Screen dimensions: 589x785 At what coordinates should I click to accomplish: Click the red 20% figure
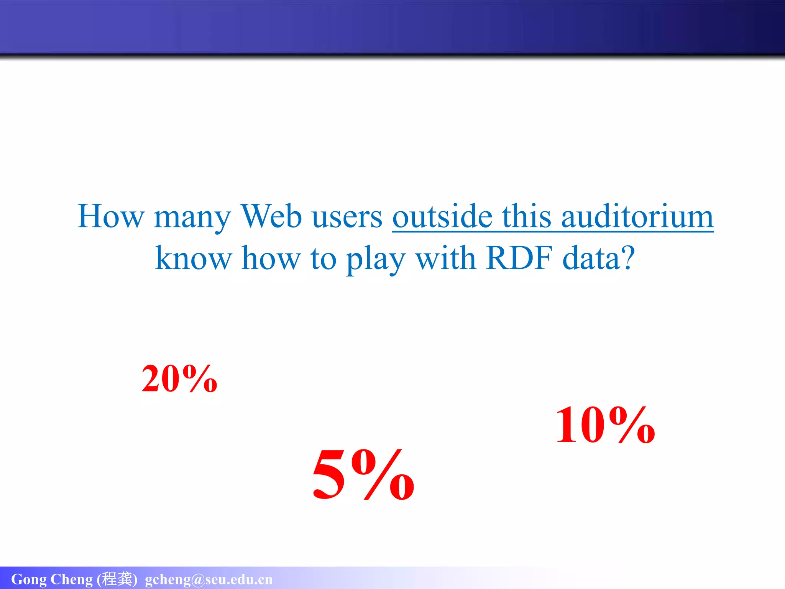[x=179, y=379]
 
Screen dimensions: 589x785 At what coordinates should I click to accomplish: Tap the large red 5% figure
[x=363, y=475]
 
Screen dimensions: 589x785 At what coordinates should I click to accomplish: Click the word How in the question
[x=110, y=216]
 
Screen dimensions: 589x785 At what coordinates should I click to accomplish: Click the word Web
[x=271, y=216]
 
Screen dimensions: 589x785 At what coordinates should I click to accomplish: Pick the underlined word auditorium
[x=637, y=216]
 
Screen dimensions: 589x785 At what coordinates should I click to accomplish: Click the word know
[x=193, y=258]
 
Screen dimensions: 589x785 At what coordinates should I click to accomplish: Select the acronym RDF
[x=519, y=258]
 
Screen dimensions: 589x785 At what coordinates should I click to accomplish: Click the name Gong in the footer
[x=29, y=579]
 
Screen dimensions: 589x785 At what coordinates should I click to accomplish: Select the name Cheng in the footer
[x=72, y=579]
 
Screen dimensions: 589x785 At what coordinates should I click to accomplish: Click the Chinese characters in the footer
[x=117, y=579]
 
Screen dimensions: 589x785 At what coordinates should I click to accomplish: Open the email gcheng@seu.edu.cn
[x=209, y=579]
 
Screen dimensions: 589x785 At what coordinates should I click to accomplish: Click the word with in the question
[x=446, y=258]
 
